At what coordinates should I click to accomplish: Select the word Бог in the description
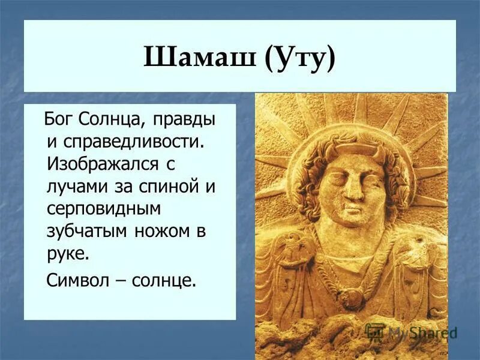click(60, 119)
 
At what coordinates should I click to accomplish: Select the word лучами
click(77, 185)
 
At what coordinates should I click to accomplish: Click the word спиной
click(172, 185)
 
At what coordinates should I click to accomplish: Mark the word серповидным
click(97, 208)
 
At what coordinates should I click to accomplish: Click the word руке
click(67, 252)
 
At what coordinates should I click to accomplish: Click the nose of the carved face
click(353, 189)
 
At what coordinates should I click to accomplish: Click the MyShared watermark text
click(422, 332)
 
